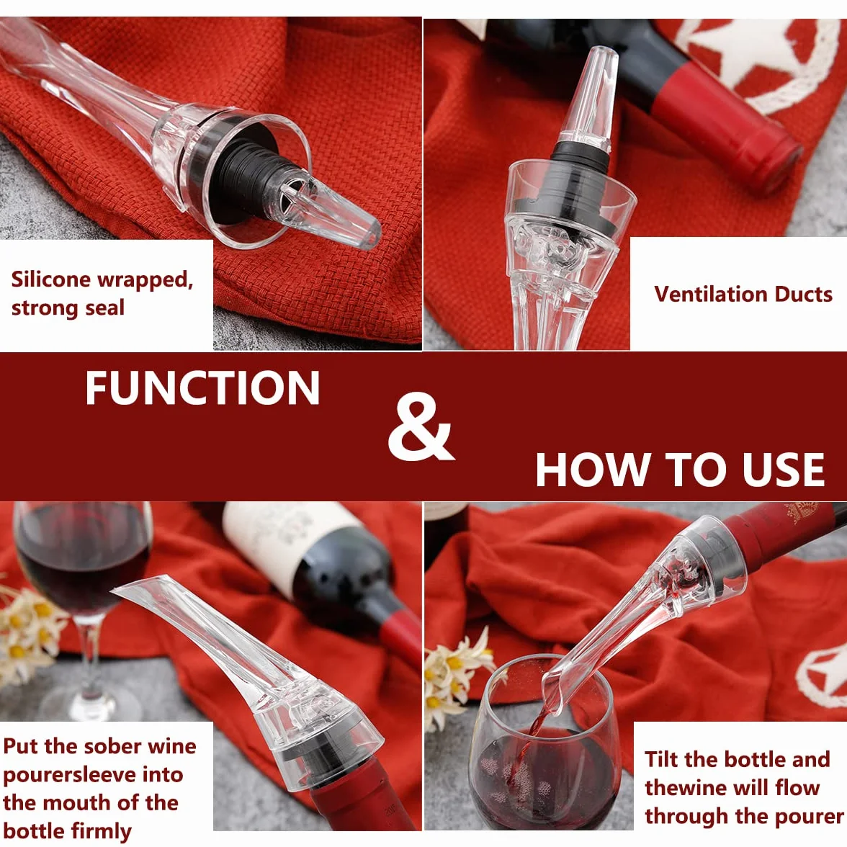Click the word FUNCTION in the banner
(202, 387)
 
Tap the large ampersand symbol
(421, 426)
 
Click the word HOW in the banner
(591, 469)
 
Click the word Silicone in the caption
(50, 279)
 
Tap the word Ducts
(804, 295)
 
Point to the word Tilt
(662, 759)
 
